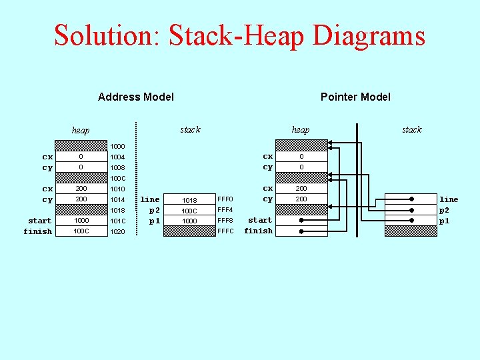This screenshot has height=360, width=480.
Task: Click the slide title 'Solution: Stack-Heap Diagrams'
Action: click(239, 35)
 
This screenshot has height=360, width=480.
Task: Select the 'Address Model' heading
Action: click(136, 97)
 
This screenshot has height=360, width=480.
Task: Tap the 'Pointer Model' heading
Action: click(355, 97)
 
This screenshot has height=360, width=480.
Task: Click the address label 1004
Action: click(117, 157)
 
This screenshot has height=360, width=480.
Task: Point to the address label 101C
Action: click(117, 221)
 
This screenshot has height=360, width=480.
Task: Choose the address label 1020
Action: click(117, 231)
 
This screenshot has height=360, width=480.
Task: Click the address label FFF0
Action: click(225, 199)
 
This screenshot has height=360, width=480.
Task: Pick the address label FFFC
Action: click(225, 231)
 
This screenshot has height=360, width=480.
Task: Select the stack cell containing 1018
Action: click(189, 200)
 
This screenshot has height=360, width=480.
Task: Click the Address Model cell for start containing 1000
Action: click(81, 221)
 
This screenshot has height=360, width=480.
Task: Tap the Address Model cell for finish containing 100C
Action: click(81, 231)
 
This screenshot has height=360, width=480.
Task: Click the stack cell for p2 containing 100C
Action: click(189, 211)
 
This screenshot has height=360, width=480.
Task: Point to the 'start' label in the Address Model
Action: click(39, 221)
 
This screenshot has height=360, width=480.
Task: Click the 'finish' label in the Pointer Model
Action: click(258, 231)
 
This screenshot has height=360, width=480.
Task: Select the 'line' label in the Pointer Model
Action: click(449, 199)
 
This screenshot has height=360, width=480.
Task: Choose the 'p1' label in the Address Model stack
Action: click(154, 221)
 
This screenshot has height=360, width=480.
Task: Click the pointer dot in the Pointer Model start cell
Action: click(301, 220)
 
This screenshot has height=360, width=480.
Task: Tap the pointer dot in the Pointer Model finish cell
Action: click(301, 231)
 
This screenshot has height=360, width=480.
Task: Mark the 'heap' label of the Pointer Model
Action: click(300, 130)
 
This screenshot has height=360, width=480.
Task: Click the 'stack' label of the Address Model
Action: click(190, 129)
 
